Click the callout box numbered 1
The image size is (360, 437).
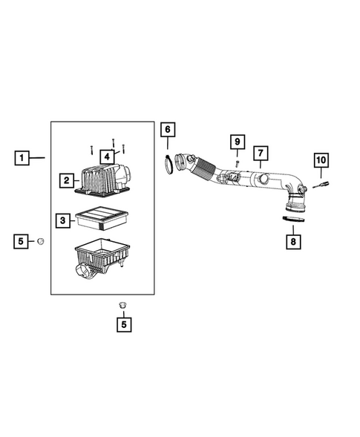[23, 158]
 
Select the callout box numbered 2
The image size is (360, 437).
[66, 180]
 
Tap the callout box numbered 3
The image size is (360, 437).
[64, 220]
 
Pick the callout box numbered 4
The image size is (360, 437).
[107, 157]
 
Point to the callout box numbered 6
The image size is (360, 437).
[167, 130]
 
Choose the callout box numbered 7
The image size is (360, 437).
[261, 154]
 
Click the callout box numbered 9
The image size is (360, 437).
[237, 142]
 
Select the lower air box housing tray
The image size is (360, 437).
[104, 256]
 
